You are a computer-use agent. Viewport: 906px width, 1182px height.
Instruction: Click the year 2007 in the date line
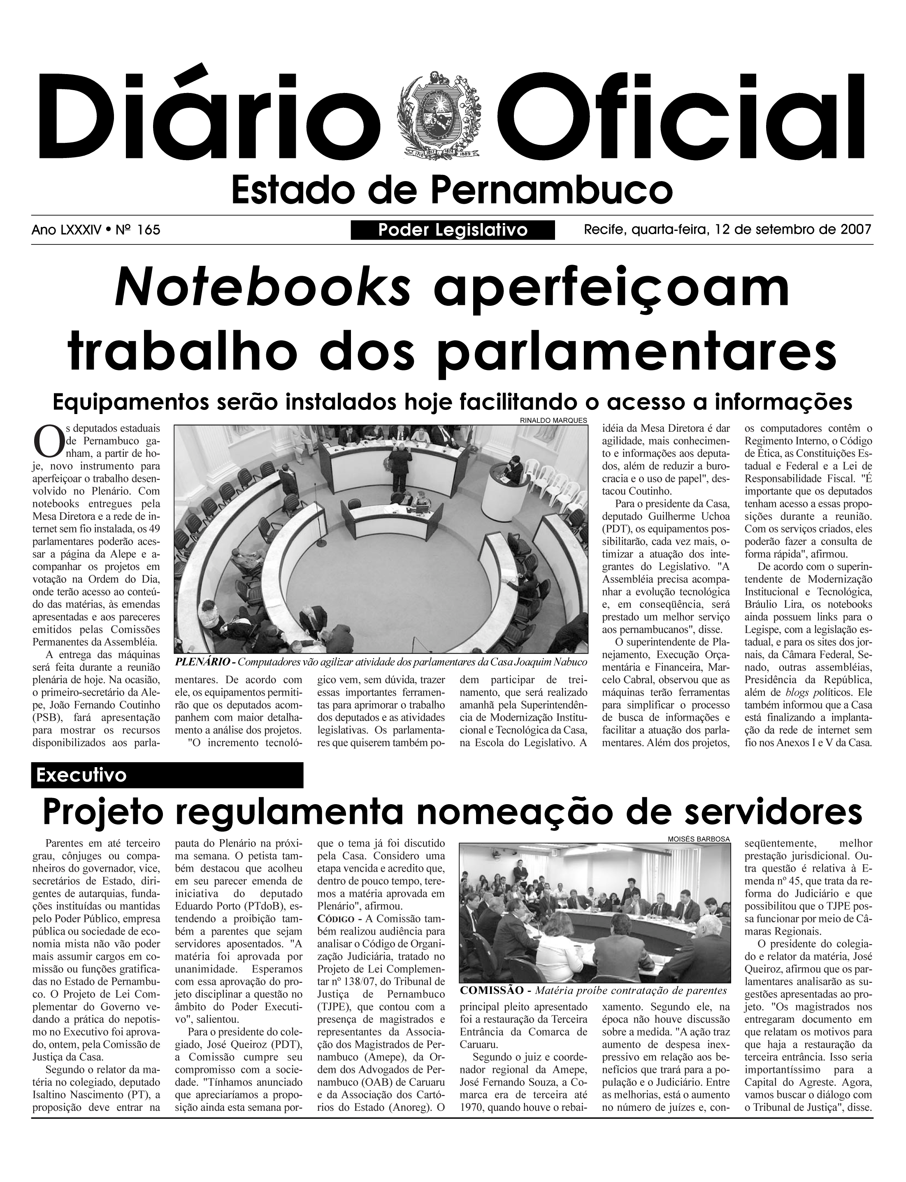pyautogui.click(x=856, y=230)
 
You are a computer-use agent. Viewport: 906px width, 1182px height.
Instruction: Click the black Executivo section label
pyautogui.click(x=167, y=775)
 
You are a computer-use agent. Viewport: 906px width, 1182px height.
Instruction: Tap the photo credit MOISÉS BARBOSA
pyautogui.click(x=699, y=840)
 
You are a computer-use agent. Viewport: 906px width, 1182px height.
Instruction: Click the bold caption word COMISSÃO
pyautogui.click(x=491, y=991)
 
